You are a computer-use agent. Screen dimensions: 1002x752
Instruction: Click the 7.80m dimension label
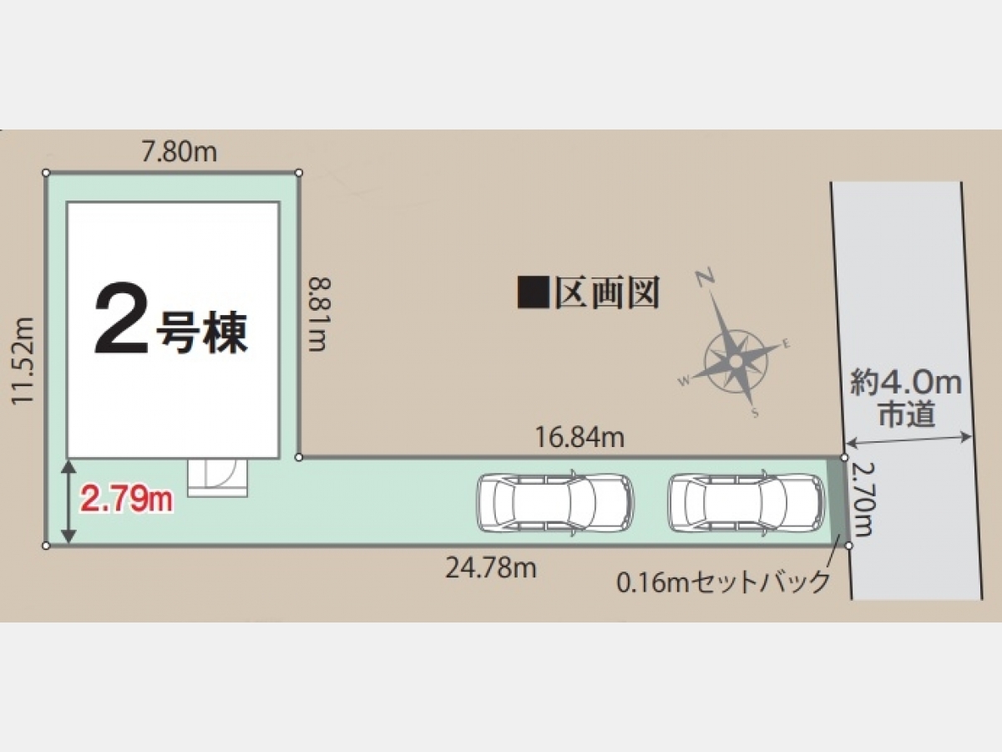click(179, 152)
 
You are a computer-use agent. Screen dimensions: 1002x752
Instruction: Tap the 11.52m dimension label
click(23, 361)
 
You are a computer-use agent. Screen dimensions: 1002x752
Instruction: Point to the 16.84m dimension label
click(579, 437)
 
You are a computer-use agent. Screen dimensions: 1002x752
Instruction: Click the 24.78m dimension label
click(491, 568)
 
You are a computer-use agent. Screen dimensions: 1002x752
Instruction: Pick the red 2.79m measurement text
click(126, 500)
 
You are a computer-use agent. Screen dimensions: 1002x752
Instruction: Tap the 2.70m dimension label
click(862, 499)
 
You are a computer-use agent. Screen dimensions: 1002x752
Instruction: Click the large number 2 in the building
click(121, 318)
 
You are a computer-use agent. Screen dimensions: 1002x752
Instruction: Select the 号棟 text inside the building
click(202, 333)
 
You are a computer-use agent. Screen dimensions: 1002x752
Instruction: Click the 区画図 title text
click(607, 292)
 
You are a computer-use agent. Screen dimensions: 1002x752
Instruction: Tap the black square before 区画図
click(534, 292)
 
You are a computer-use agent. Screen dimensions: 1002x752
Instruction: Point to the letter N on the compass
click(705, 277)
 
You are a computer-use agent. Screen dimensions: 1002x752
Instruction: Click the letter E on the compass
click(786, 344)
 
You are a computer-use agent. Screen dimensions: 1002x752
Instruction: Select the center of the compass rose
click(736, 362)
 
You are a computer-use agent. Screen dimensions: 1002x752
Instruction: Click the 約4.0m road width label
click(906, 383)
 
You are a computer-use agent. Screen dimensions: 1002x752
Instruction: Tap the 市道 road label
click(907, 414)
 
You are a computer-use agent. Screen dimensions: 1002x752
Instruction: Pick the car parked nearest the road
click(746, 503)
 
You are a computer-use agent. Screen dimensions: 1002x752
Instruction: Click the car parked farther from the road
click(554, 503)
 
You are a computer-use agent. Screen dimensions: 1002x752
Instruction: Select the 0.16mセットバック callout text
click(722, 583)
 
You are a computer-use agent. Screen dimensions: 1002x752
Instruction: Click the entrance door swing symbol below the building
click(218, 478)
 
